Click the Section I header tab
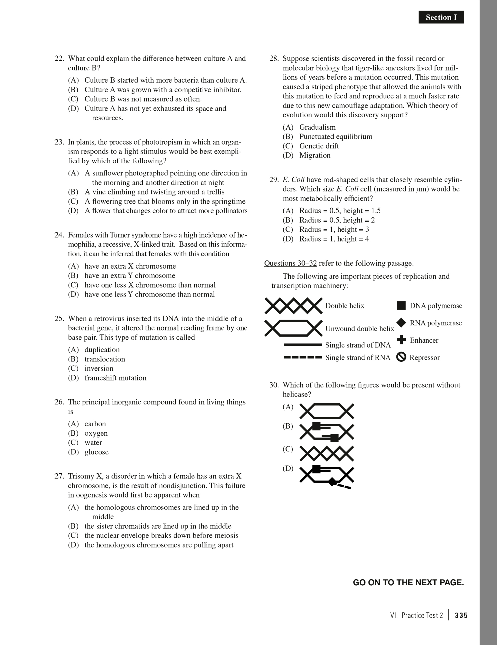(x=441, y=17)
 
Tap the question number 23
(x=59, y=142)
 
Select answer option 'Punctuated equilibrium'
(x=336, y=137)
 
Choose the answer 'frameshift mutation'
(x=115, y=378)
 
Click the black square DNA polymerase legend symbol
(x=401, y=305)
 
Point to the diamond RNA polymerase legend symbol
(x=401, y=323)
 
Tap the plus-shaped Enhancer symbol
(x=401, y=340)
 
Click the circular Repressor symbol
(x=401, y=357)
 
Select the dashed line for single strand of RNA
(x=302, y=357)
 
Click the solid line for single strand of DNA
(x=302, y=345)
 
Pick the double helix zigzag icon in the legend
(x=293, y=306)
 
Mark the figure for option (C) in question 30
(x=327, y=454)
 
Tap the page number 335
(x=461, y=615)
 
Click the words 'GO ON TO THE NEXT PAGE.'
(x=408, y=583)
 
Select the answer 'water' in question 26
(x=93, y=443)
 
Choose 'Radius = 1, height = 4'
(x=334, y=239)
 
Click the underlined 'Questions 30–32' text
(x=290, y=263)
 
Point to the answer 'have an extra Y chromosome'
(x=130, y=276)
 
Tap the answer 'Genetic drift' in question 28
(x=319, y=146)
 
